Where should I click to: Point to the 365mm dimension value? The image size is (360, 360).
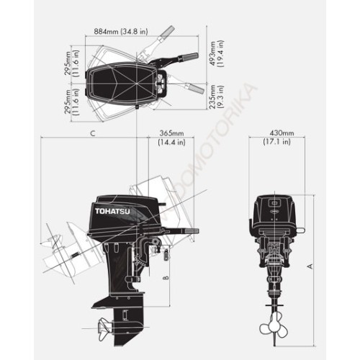click(171, 134)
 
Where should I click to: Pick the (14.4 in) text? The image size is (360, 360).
click(171, 143)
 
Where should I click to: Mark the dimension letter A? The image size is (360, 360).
click(310, 266)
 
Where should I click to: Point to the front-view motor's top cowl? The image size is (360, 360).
click(275, 210)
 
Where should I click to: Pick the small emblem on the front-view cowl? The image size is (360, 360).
click(275, 203)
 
